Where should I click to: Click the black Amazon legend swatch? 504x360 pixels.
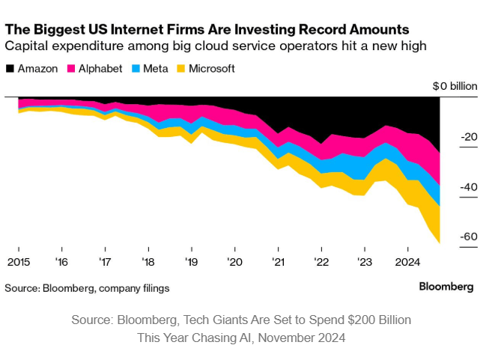click(x=10, y=68)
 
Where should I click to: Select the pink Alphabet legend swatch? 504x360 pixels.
click(x=73, y=68)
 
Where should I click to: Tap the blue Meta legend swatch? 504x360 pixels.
click(x=135, y=68)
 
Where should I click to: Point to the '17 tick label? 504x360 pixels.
click(x=105, y=263)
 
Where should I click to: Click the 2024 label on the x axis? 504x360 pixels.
click(x=407, y=263)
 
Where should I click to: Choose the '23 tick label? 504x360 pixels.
click(x=364, y=263)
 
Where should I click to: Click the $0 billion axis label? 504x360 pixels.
click(x=455, y=86)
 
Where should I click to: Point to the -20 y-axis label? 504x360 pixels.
click(x=470, y=137)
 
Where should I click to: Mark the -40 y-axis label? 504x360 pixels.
click(x=470, y=187)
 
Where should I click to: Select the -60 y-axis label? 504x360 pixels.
click(x=470, y=237)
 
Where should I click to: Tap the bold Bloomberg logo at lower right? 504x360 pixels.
click(x=446, y=287)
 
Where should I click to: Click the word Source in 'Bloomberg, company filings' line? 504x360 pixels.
click(x=21, y=287)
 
